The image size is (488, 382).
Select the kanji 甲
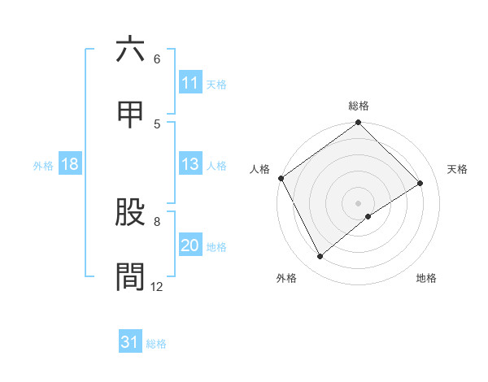tap(130, 114)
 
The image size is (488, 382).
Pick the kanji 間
tap(130, 276)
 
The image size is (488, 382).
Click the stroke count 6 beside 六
tap(157, 59)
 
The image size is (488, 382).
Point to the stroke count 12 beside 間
tap(157, 286)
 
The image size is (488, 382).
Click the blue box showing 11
tap(190, 83)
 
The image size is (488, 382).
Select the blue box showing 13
tap(190, 164)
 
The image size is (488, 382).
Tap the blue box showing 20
tap(190, 245)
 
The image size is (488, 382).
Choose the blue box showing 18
tap(70, 164)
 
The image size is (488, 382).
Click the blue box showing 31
tap(130, 342)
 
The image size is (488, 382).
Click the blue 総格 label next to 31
tap(156, 344)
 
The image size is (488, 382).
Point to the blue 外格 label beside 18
tap(43, 165)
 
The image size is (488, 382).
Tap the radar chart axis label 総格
tap(359, 106)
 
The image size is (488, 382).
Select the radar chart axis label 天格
tap(458, 169)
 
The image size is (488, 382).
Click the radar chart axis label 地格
tap(426, 278)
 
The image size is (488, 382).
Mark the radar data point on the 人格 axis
tap(281, 178)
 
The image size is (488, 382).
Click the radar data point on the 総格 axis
tap(359, 124)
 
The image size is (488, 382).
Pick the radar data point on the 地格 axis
tap(368, 216)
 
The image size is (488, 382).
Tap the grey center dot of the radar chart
tap(359, 202)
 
